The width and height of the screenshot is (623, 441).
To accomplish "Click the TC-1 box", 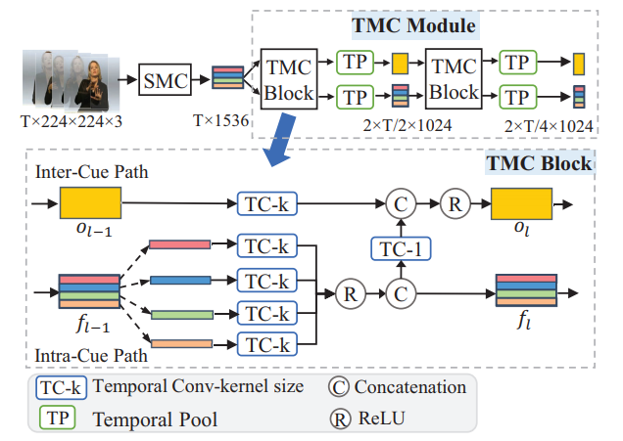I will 400,248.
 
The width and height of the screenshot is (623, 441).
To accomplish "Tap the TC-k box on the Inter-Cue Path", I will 267,204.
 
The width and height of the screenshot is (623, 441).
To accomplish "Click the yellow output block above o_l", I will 522,204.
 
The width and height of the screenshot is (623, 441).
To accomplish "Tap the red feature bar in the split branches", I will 180,244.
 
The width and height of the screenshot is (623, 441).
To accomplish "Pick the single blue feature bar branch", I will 180,280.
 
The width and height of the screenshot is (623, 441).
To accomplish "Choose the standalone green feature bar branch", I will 180,314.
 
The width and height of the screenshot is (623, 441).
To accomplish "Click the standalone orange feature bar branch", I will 180,343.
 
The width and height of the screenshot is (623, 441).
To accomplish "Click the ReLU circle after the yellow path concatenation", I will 455,204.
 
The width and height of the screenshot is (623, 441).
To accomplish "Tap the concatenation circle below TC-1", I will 400,291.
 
